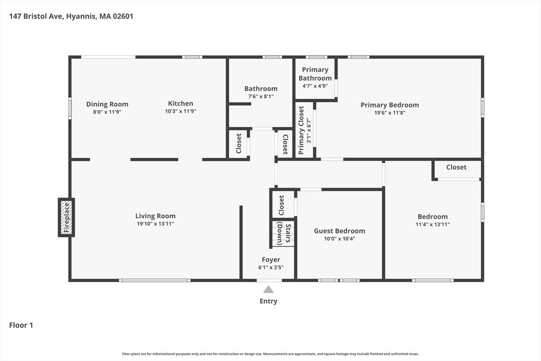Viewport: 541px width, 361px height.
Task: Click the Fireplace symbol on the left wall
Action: [x=66, y=217]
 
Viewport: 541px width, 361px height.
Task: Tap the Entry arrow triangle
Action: [x=268, y=289]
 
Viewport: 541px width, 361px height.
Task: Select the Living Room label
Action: [x=155, y=216]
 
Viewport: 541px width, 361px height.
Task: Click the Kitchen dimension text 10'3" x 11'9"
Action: [x=181, y=111]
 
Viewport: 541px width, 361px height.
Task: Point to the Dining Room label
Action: [x=107, y=104]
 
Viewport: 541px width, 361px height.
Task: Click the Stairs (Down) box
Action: [x=283, y=234]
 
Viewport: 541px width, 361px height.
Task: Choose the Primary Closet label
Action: [x=301, y=130]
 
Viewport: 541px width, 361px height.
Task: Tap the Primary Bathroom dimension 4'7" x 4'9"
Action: [x=315, y=86]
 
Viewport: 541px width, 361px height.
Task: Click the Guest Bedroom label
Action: [x=340, y=231]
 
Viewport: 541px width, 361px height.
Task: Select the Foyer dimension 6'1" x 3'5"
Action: [x=271, y=267]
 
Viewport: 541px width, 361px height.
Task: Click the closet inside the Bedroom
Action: [x=456, y=170]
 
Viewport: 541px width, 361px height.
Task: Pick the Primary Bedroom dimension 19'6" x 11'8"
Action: [x=390, y=113]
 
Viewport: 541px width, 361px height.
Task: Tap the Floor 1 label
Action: [x=21, y=325]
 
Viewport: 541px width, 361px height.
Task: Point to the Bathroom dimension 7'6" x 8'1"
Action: [x=261, y=97]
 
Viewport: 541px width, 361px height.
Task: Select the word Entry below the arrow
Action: [x=268, y=301]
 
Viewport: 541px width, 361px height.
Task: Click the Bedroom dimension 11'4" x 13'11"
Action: [x=433, y=224]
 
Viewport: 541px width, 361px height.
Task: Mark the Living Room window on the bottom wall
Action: [x=155, y=280]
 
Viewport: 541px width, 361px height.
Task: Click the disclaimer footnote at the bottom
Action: [x=270, y=354]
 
